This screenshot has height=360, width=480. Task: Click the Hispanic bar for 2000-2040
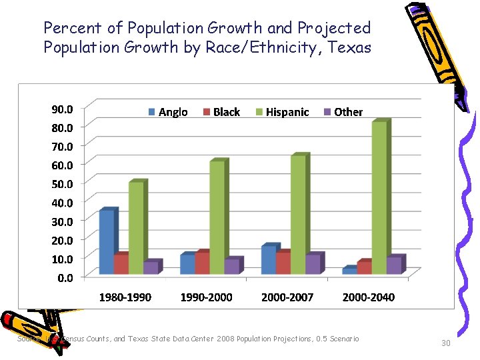pos(379,198)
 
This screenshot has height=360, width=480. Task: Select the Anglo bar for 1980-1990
pos(106,242)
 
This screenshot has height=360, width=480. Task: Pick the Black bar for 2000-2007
pos(283,263)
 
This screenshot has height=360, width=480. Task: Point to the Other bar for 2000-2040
pos(394,265)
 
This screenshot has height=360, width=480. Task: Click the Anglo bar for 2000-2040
pos(349,271)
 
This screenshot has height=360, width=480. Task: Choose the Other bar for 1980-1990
pos(151,267)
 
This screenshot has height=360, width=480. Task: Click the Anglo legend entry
pos(167,112)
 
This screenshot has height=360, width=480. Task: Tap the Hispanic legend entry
pos(282,112)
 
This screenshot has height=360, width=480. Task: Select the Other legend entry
pos(343,112)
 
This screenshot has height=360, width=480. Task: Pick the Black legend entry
pos(221,112)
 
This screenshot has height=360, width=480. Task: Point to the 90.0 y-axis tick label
pos(63,108)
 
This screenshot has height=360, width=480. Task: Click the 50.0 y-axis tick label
pos(63,183)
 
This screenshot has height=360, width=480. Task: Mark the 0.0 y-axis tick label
pos(65,277)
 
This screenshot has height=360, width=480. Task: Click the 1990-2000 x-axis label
pos(207,297)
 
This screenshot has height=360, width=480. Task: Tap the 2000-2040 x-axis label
pos(368,297)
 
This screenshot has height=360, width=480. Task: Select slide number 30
pos(447,343)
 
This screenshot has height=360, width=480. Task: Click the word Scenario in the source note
pos(342,339)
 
